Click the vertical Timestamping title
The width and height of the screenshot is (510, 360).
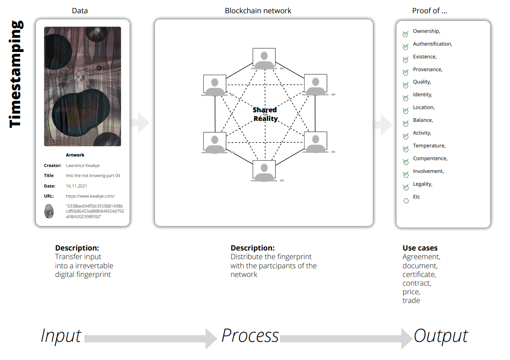(16, 74)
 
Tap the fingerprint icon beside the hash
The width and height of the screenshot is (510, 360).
(49, 211)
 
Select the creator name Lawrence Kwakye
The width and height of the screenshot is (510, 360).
(83, 165)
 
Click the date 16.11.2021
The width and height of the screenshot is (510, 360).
(76, 186)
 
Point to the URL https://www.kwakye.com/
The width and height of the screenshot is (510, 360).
(90, 196)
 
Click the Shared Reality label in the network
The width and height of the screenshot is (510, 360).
(265, 114)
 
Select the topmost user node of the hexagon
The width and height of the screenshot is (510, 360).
(264, 59)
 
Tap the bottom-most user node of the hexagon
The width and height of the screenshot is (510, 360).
(264, 171)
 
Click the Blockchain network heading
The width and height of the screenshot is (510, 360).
(258, 10)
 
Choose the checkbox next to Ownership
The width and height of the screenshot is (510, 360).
(405, 34)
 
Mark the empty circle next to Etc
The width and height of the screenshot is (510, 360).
(406, 201)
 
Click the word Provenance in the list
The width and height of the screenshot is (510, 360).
(427, 69)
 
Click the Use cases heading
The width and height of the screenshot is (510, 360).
(420, 248)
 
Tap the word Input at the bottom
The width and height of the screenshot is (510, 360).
(61, 336)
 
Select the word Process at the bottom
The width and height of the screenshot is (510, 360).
(250, 336)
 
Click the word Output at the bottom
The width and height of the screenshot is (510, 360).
(441, 336)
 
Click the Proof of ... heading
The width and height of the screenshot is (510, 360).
(430, 10)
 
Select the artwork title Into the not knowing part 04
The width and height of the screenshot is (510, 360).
(93, 176)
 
